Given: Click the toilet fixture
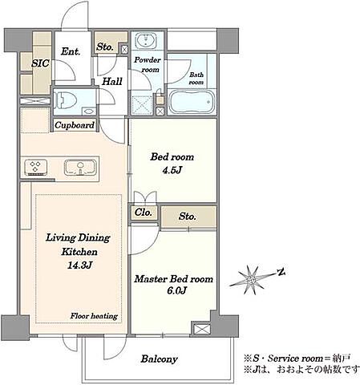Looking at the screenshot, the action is click(x=66, y=101).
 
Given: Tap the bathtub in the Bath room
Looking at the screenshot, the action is click(x=192, y=102).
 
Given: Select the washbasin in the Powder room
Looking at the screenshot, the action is click(x=146, y=40).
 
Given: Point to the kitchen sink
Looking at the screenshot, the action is click(x=80, y=168).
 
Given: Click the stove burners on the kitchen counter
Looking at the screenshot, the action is click(x=36, y=167).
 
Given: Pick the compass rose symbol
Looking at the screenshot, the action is click(x=251, y=280).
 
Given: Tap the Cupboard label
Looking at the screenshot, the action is click(x=75, y=125).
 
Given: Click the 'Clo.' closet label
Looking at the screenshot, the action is click(x=144, y=213).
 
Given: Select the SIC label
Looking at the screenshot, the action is click(x=40, y=63).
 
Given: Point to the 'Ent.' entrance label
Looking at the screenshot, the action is click(x=71, y=51).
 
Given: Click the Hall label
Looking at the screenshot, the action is click(x=112, y=81).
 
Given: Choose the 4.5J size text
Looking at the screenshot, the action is click(x=172, y=170).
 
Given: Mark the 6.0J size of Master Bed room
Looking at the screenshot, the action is click(x=176, y=290).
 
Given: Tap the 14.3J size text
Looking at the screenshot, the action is click(x=79, y=265).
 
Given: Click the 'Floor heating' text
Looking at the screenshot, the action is click(x=94, y=316).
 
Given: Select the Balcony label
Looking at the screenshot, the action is click(x=160, y=359).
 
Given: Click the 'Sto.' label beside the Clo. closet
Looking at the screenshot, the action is click(x=188, y=216).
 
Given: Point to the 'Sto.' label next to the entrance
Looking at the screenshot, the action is click(x=105, y=47).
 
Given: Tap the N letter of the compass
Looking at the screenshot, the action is click(x=281, y=273).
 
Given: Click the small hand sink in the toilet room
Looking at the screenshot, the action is click(x=88, y=111).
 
